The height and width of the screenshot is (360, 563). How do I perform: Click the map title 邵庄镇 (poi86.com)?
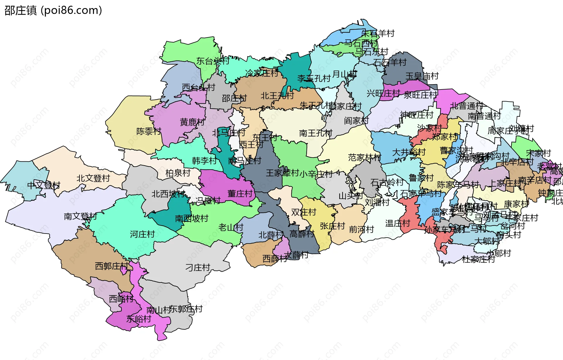point(53,10)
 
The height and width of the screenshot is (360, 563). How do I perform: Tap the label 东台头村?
point(213,61)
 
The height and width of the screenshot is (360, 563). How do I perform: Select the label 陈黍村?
point(149,131)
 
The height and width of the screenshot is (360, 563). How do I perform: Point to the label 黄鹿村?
point(192,122)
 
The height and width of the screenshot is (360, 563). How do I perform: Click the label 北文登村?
point(93,178)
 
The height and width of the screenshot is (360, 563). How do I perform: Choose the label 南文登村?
point(80,216)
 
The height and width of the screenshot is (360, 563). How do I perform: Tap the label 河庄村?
point(142,234)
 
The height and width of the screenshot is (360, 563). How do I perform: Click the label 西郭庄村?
point(111,266)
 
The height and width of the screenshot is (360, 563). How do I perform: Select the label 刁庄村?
point(198,267)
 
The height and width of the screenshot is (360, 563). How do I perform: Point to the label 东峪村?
point(138,319)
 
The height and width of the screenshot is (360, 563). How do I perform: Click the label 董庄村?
point(240,194)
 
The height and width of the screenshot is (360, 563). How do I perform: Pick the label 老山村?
point(231,227)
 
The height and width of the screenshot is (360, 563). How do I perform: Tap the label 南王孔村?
point(316,133)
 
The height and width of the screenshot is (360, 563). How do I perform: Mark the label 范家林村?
point(364,158)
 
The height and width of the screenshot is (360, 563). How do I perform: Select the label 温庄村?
point(397,223)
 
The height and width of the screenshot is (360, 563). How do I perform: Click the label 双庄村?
point(303,212)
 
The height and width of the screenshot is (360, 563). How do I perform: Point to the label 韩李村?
point(204,160)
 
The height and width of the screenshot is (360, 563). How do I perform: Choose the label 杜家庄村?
point(478,259)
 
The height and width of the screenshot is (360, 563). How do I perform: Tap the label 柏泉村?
point(178,173)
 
